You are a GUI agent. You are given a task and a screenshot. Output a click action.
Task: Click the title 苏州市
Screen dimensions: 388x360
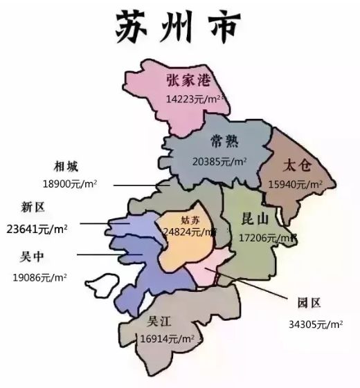pyautogui.click(x=179, y=26)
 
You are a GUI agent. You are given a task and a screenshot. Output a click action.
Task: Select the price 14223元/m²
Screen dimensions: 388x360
pyautogui.click(x=195, y=99)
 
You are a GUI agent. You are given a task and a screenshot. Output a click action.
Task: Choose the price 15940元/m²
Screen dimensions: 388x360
pyautogui.click(x=296, y=185)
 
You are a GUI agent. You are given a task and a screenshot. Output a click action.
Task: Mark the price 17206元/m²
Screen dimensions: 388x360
pyautogui.click(x=267, y=237)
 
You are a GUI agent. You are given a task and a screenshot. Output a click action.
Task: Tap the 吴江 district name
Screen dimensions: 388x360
pyautogui.click(x=159, y=322)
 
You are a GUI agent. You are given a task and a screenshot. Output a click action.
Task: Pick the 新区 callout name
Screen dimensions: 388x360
pyautogui.click(x=34, y=207)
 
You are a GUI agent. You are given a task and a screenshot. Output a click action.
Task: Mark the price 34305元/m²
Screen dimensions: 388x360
pyautogui.click(x=316, y=324)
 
